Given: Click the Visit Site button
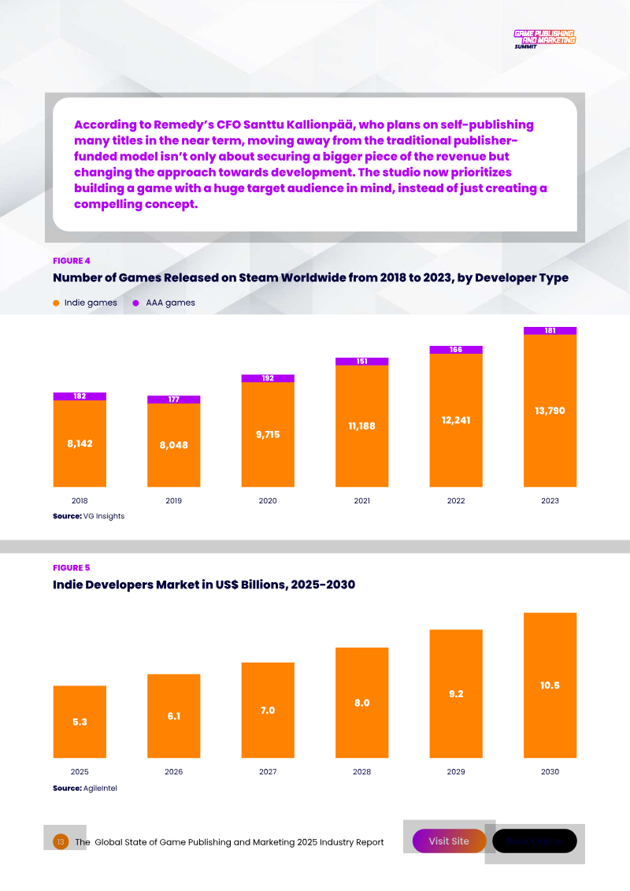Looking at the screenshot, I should [449, 841].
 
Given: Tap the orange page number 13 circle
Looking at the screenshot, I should [61, 842].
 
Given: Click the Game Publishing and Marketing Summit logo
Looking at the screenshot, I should [544, 39].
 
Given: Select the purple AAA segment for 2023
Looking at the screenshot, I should [550, 331].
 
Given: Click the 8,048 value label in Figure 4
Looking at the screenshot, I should [173, 445].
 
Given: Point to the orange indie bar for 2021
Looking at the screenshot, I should [361, 426].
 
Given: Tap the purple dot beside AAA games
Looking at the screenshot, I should [136, 303].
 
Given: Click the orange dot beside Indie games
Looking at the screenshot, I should [56, 303].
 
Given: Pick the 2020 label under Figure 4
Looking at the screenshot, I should [268, 500].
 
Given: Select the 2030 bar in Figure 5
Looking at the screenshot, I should [550, 685].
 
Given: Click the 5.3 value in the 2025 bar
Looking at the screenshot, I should [80, 722].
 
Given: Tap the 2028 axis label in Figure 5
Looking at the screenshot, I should [361, 772].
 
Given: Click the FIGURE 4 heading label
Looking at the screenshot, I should [72, 261].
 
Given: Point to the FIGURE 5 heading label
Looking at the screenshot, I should [72, 568].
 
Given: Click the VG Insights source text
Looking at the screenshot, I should [104, 516].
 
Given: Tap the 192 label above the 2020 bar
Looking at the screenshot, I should [268, 378].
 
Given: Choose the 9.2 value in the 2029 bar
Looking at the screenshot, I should [456, 694].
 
